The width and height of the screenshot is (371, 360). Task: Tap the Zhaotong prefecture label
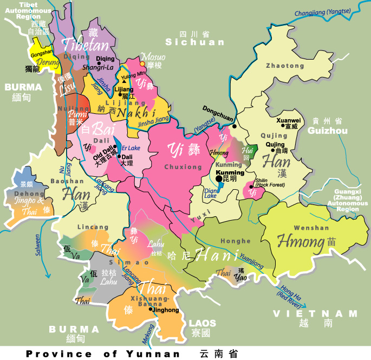pos(285,66)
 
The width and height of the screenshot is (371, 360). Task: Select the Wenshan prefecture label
pos(311,228)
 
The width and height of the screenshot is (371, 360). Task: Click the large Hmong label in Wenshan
pos(301,241)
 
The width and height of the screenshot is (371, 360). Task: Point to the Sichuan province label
pos(194,42)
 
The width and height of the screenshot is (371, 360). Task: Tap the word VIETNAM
pos(315,314)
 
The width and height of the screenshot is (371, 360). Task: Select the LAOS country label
pos(202,323)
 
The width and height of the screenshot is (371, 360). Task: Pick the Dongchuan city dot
pos(234,126)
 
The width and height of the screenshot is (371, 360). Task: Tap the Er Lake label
pos(131,147)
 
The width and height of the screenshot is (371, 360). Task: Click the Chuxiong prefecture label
pos(184,167)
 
